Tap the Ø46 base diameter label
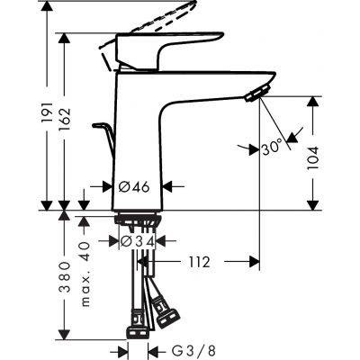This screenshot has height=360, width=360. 135,188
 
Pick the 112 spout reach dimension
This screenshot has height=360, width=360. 199,262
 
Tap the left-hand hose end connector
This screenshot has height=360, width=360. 138,321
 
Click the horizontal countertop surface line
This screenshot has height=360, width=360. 225,209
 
